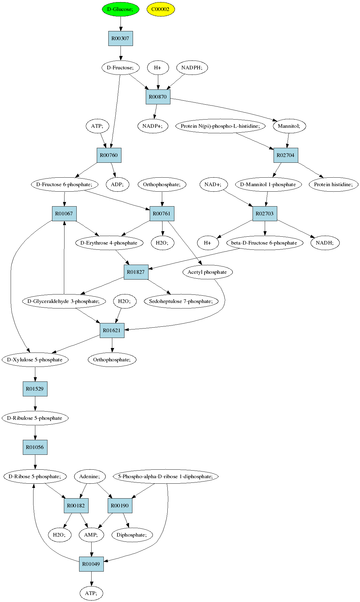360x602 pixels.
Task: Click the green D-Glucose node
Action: (121, 9)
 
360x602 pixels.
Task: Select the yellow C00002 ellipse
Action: (160, 9)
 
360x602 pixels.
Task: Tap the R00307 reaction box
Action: (121, 38)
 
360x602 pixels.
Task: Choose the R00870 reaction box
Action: (158, 97)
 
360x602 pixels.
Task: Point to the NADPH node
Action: (192, 68)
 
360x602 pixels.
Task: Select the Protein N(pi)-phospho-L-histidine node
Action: (220, 126)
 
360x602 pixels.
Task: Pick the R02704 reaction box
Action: (285, 155)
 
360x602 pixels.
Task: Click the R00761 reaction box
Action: (162, 214)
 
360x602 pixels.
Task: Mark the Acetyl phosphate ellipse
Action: (207, 272)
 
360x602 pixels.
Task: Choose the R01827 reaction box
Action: (136, 272)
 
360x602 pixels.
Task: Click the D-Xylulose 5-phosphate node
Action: (35, 360)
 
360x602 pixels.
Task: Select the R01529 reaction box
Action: (35, 389)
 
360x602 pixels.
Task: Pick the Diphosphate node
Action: (132, 535)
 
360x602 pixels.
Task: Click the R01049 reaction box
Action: (91, 564)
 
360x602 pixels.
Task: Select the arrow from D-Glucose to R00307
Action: (121, 24)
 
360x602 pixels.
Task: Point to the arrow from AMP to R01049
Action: (91, 549)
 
